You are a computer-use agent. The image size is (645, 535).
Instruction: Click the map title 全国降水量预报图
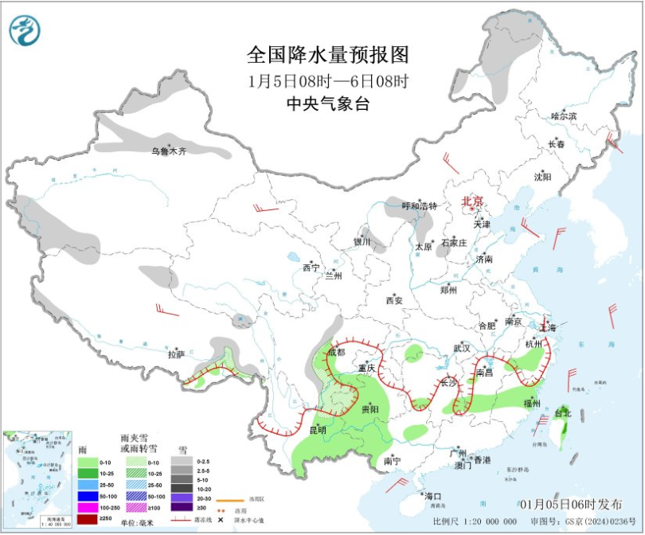(x=328, y=55)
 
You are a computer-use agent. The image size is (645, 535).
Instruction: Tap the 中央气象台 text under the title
(x=328, y=103)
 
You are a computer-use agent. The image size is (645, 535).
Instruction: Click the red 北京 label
(x=473, y=201)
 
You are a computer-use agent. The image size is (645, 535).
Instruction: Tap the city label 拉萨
(x=176, y=354)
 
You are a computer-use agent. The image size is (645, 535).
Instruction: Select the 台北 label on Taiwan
(x=562, y=413)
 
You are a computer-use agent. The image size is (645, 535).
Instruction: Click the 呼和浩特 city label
(x=419, y=206)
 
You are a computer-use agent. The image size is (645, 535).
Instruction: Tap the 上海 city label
(x=548, y=327)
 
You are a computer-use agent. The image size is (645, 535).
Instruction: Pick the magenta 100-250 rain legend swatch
(x=88, y=507)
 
